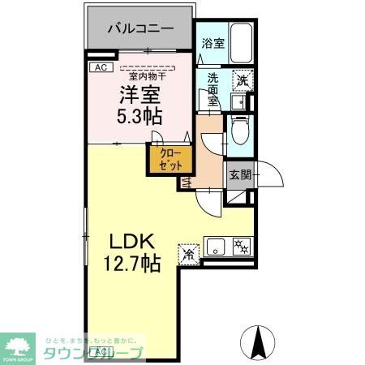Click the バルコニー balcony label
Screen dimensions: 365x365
(x=141, y=28)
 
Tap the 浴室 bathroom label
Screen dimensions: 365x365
(x=213, y=45)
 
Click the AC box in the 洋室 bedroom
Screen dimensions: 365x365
(x=100, y=67)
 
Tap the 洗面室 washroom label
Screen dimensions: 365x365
(x=213, y=88)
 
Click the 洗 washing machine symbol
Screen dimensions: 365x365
(x=241, y=79)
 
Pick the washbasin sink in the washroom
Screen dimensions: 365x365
(x=238, y=102)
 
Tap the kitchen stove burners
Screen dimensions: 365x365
(x=241, y=247)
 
